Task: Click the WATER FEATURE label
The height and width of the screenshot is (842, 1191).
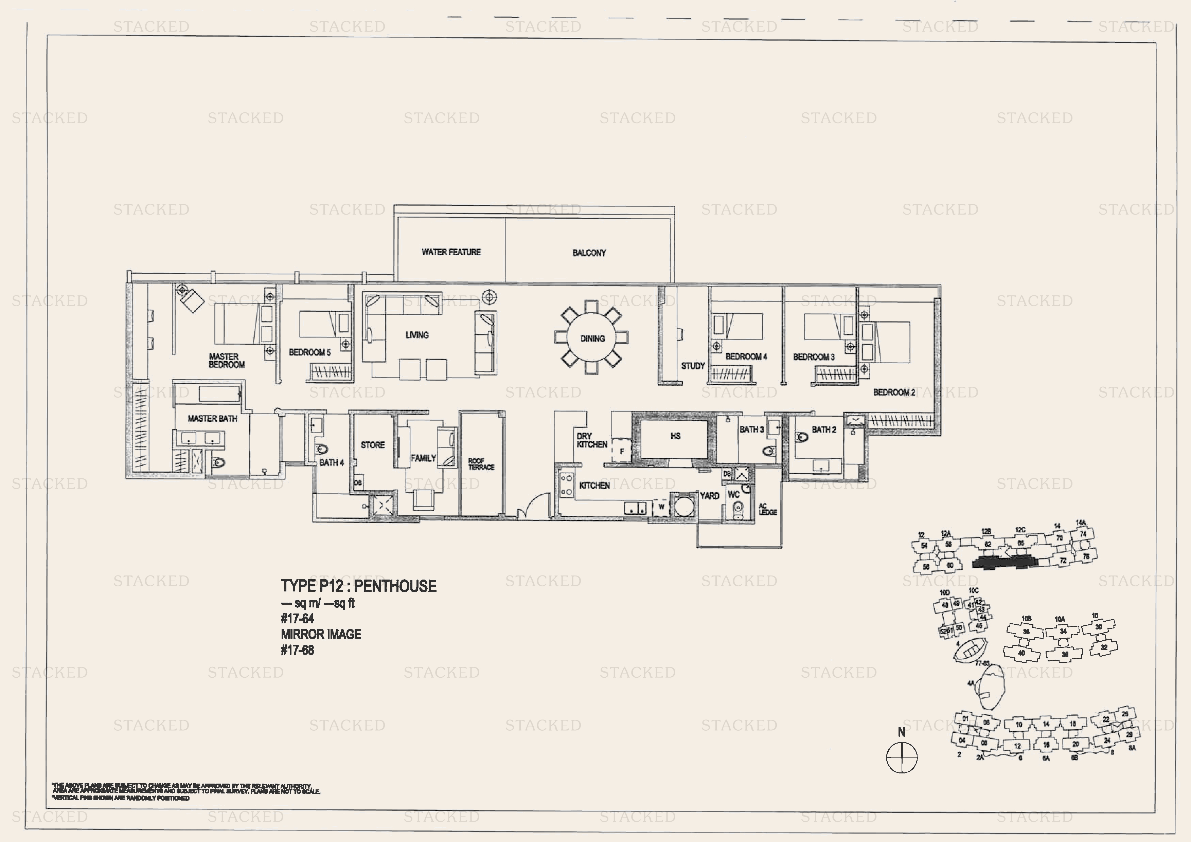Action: pyautogui.click(x=451, y=252)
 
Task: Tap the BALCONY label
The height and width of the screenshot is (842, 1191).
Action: pyautogui.click(x=589, y=253)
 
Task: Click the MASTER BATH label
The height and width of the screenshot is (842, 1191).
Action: pyautogui.click(x=212, y=418)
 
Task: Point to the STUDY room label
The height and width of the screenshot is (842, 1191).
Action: pyautogui.click(x=693, y=366)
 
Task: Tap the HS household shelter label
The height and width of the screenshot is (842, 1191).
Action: pyautogui.click(x=675, y=436)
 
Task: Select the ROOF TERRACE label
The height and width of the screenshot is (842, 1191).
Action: pyautogui.click(x=481, y=464)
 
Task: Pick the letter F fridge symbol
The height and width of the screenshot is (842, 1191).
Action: pyautogui.click(x=621, y=451)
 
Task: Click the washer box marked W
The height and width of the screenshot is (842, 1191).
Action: pyautogui.click(x=661, y=507)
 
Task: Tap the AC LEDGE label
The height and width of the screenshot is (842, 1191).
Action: pyautogui.click(x=767, y=509)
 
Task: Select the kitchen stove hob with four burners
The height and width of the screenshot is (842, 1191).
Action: pyautogui.click(x=566, y=485)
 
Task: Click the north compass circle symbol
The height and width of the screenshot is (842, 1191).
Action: pyautogui.click(x=902, y=757)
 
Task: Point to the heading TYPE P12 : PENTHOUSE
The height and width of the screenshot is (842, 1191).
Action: pyautogui.click(x=358, y=586)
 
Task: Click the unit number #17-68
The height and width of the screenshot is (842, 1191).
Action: pyautogui.click(x=297, y=650)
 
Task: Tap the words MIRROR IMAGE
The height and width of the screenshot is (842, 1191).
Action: pyautogui.click(x=321, y=634)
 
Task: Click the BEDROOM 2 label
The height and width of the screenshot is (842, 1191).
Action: pyautogui.click(x=894, y=392)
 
